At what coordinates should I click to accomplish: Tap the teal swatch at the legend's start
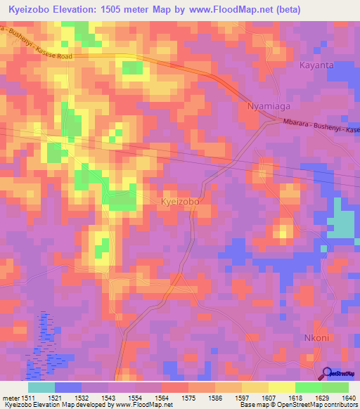click(x=41, y=387)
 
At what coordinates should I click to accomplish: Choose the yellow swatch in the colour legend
click(x=281, y=387)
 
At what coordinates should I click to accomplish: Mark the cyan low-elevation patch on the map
click(x=341, y=221)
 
